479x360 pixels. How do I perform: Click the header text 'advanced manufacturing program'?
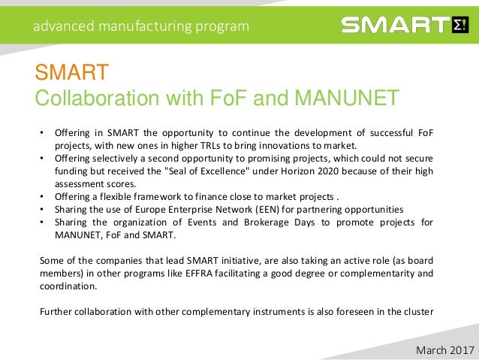point(140,26)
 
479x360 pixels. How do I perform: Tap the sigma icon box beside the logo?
point(460,26)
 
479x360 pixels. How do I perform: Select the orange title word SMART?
point(72,74)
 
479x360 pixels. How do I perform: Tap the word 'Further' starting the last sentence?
point(56,312)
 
